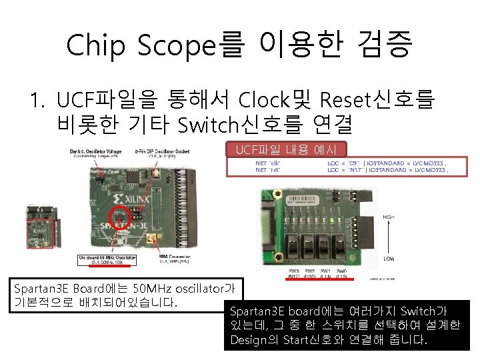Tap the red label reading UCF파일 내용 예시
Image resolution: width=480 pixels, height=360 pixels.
point(285,149)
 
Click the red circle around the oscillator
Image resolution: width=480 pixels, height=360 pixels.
point(121,218)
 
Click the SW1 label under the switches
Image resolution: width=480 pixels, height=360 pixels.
point(325,271)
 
